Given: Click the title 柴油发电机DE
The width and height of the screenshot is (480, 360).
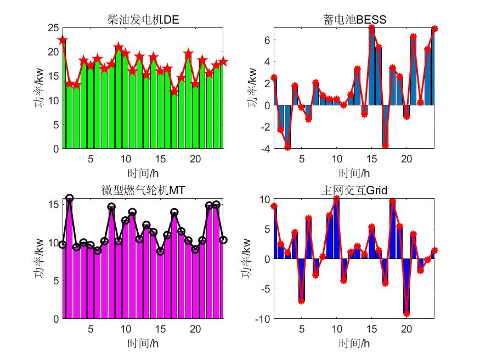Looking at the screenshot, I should coord(143,21).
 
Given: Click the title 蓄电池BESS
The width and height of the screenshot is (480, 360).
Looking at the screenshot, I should coord(354,21).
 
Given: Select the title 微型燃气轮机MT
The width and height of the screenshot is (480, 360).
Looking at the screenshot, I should coord(143,190).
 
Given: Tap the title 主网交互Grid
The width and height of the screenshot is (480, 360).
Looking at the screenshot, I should coord(354,190).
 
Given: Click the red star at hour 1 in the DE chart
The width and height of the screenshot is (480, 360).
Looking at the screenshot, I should coord(63,40).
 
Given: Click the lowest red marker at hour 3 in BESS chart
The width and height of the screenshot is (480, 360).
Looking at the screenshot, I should coord(287,147).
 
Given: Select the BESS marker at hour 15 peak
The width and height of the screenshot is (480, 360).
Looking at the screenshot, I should coord(371,28).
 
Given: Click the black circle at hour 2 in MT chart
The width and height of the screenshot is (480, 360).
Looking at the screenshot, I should coord(70,198).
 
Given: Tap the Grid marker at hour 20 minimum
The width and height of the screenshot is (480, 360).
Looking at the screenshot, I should coord(406,313).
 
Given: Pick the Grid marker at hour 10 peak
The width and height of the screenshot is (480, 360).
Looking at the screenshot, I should coord(336,199).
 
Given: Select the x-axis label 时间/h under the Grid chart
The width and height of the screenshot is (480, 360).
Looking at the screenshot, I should coord(354,344).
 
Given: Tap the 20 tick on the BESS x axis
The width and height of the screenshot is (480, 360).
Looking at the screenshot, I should coord(406,159).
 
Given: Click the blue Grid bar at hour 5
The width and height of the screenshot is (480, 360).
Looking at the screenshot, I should coord(301,279).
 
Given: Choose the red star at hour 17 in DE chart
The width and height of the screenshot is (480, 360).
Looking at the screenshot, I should coord(174,92).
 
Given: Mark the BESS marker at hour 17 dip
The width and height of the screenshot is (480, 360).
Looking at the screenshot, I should coord(385,145).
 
